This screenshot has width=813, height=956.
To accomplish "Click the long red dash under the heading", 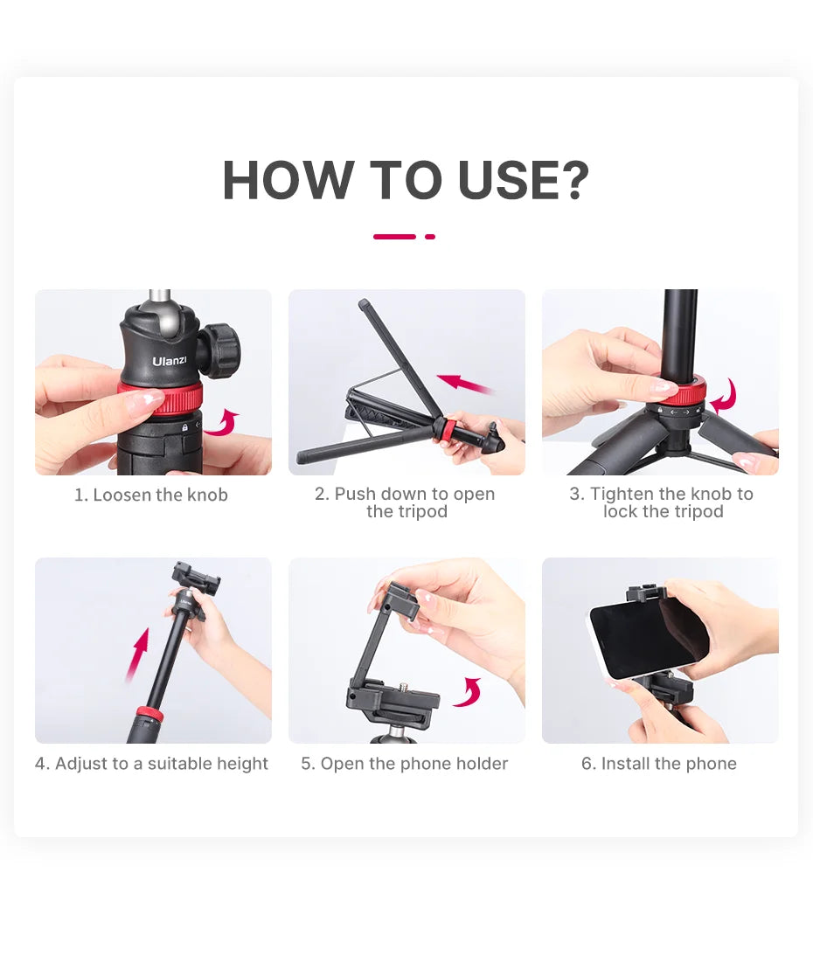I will (394, 237).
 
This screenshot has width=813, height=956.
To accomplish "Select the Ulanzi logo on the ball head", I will (169, 361).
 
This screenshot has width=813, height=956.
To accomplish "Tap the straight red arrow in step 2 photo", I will (464, 384).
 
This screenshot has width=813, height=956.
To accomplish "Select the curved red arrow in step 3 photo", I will (725, 397).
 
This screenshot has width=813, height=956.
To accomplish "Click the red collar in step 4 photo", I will (149, 716).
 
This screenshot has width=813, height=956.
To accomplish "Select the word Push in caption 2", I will (353, 495).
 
